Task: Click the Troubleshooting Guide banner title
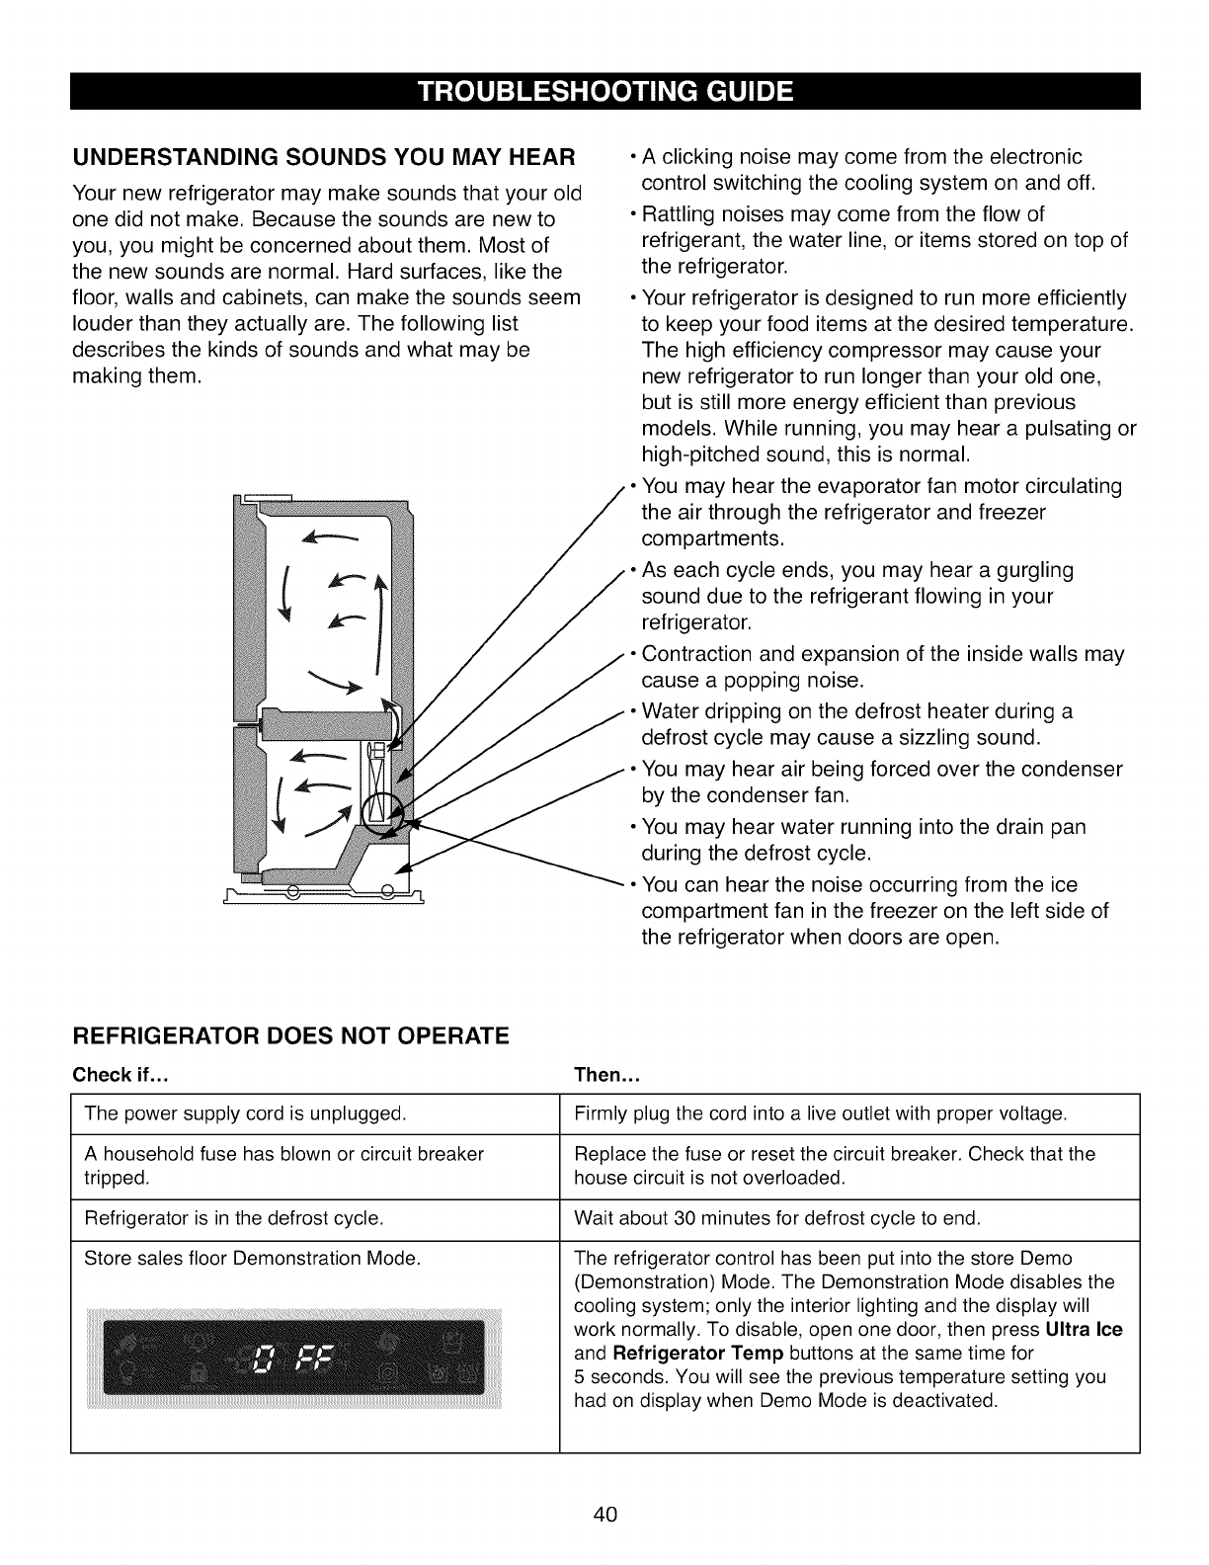click(x=604, y=92)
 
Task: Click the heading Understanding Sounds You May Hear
click(x=325, y=157)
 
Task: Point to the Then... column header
click(x=608, y=1074)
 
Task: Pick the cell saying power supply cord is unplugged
click(x=246, y=1114)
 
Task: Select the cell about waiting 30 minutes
click(x=777, y=1218)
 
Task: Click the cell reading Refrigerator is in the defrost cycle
click(x=234, y=1218)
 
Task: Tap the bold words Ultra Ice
click(x=1084, y=1329)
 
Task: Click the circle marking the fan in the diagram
click(x=381, y=812)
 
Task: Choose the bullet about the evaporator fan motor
click(x=879, y=513)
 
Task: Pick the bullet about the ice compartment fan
click(x=874, y=910)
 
